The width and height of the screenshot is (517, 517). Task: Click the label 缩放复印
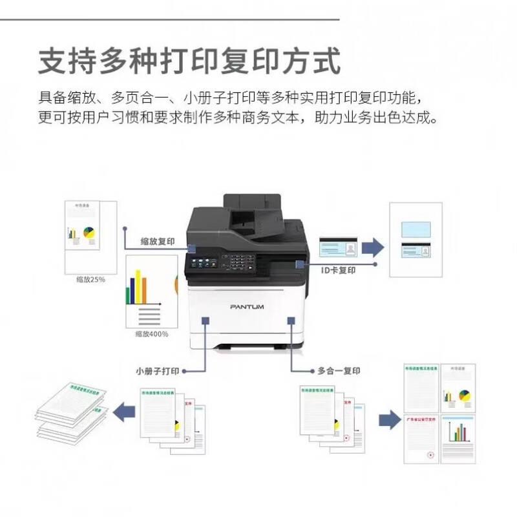point(158,241)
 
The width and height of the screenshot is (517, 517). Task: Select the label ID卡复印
point(338,271)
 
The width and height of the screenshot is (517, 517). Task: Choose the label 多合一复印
point(339,372)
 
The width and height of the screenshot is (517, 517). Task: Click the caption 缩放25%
point(90,280)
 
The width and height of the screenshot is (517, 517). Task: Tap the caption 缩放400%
point(152,334)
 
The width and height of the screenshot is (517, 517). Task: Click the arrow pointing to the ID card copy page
point(372,246)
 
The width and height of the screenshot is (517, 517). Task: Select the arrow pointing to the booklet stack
point(124,409)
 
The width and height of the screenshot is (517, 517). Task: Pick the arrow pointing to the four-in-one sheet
point(388,418)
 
